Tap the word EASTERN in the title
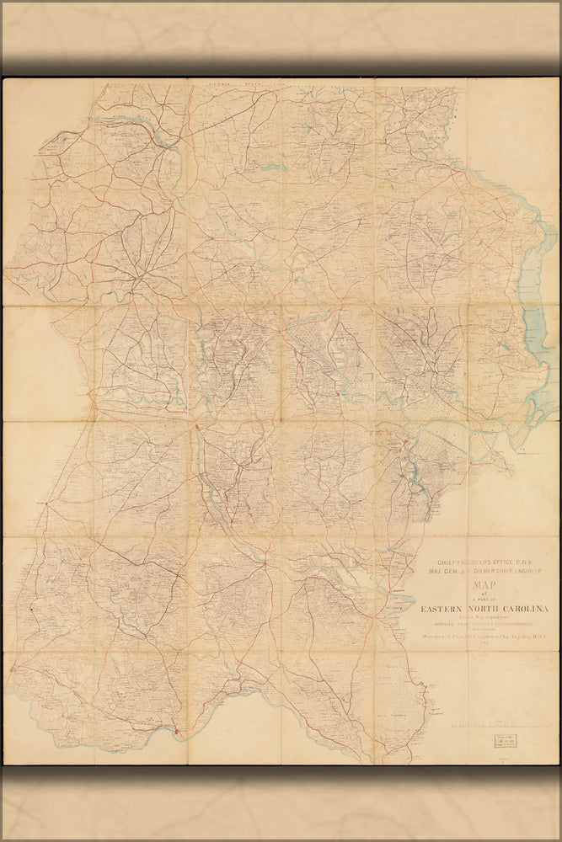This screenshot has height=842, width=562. point(439,610)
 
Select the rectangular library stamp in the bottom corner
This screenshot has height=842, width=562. point(506,742)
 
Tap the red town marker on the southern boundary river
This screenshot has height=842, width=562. point(176,733)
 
